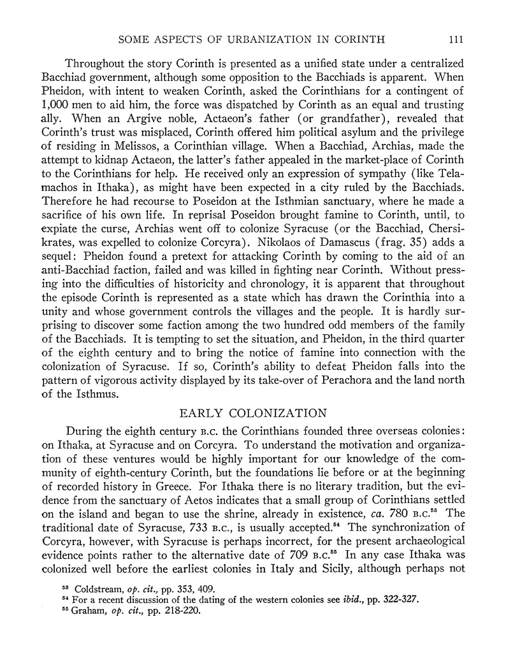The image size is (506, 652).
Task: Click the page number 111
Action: (455, 39)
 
